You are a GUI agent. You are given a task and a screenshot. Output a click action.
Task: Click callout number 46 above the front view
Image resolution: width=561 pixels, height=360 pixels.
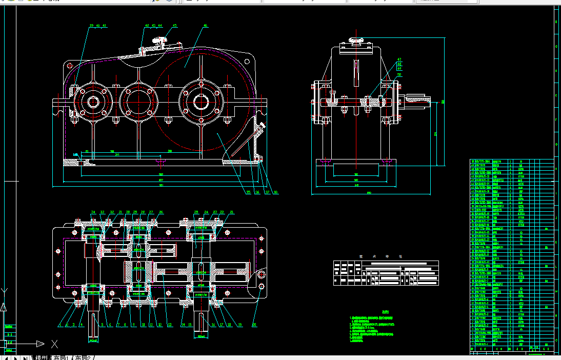tap(205, 25)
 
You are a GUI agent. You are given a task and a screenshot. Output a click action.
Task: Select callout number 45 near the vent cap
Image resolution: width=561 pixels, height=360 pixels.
tap(174, 25)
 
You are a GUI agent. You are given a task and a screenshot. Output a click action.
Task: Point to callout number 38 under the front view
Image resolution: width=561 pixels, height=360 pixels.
tap(275, 192)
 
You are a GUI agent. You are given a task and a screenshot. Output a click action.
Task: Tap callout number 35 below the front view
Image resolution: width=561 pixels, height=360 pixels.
tap(248, 192)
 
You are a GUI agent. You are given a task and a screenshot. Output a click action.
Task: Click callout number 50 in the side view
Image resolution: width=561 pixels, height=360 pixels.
tap(399, 74)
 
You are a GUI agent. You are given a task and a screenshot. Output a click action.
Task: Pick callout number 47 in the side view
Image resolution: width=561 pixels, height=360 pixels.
tap(399, 59)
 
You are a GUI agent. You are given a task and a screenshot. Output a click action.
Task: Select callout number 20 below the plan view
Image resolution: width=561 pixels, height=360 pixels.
tap(254, 324)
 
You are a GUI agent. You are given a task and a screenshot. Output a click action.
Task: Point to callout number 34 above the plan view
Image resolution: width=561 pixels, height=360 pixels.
tap(93, 211)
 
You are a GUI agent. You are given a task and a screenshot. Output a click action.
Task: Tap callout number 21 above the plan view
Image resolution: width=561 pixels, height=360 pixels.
tap(231, 211)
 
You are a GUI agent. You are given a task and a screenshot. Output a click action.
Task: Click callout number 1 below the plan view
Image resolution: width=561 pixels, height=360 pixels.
tap(59, 324)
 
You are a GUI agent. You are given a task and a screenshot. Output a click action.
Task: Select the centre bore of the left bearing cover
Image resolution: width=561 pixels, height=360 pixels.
tap(93, 102)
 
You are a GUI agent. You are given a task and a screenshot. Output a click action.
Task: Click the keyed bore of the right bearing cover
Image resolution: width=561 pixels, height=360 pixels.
tap(200, 102)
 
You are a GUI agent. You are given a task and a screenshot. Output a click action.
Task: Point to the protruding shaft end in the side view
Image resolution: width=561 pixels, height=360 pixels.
tap(420, 101)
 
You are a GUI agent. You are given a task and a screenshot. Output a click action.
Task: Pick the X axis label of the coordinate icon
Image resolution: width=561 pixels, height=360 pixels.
tap(54, 344)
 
